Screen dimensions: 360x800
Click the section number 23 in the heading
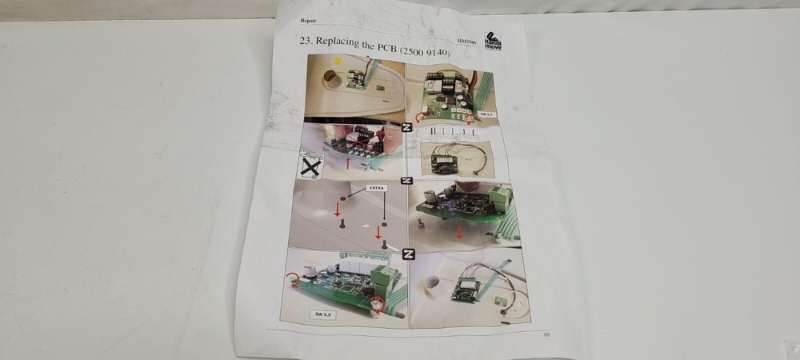click(x=304, y=41)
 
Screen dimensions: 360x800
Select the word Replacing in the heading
click(x=339, y=43)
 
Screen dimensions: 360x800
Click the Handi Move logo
click(x=493, y=41)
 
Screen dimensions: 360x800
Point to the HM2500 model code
click(x=466, y=41)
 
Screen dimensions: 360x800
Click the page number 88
click(x=547, y=334)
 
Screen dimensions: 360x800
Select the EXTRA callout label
click(x=378, y=188)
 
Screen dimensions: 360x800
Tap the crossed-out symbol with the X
click(x=310, y=166)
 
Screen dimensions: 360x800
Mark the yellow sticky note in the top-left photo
click(x=339, y=61)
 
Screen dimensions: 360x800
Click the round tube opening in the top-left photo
click(x=331, y=78)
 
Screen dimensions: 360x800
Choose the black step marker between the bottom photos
click(x=409, y=254)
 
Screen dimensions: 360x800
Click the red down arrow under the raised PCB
click(x=459, y=232)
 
